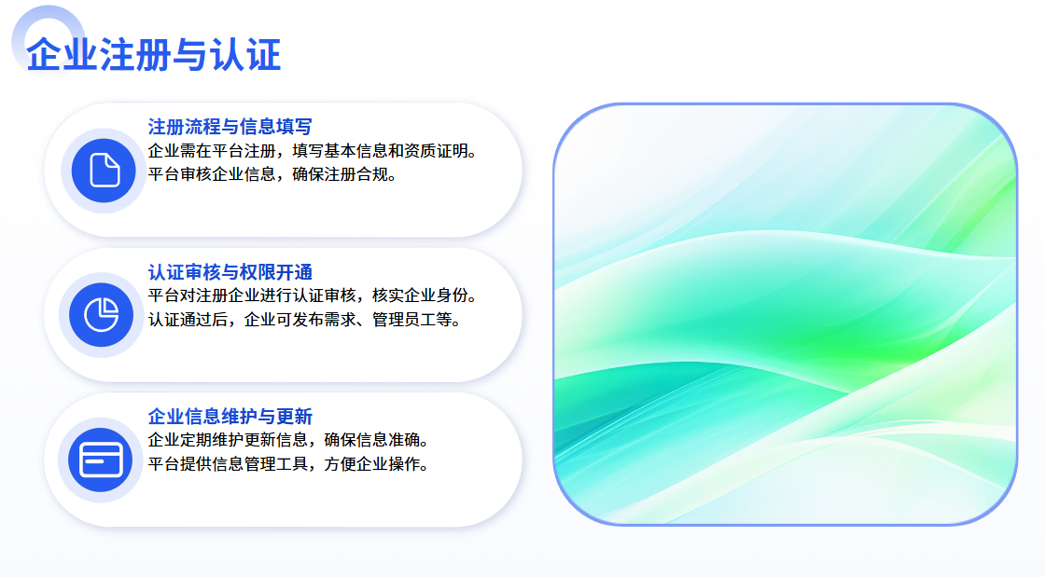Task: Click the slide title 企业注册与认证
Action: click(154, 55)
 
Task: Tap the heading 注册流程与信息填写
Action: click(230, 127)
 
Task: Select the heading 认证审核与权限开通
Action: click(230, 271)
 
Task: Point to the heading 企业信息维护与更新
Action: click(230, 416)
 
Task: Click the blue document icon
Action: click(104, 171)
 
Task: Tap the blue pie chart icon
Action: click(102, 315)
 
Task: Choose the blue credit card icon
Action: click(101, 460)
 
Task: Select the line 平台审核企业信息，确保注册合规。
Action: click(272, 174)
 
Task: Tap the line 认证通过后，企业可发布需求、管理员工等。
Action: click(304, 320)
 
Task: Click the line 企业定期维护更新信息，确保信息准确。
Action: click(288, 440)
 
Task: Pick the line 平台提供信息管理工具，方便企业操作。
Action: click(288, 464)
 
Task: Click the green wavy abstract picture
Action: click(785, 314)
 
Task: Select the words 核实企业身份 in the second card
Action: click(420, 295)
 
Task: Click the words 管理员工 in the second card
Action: click(404, 320)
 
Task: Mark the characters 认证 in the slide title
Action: click(245, 55)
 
